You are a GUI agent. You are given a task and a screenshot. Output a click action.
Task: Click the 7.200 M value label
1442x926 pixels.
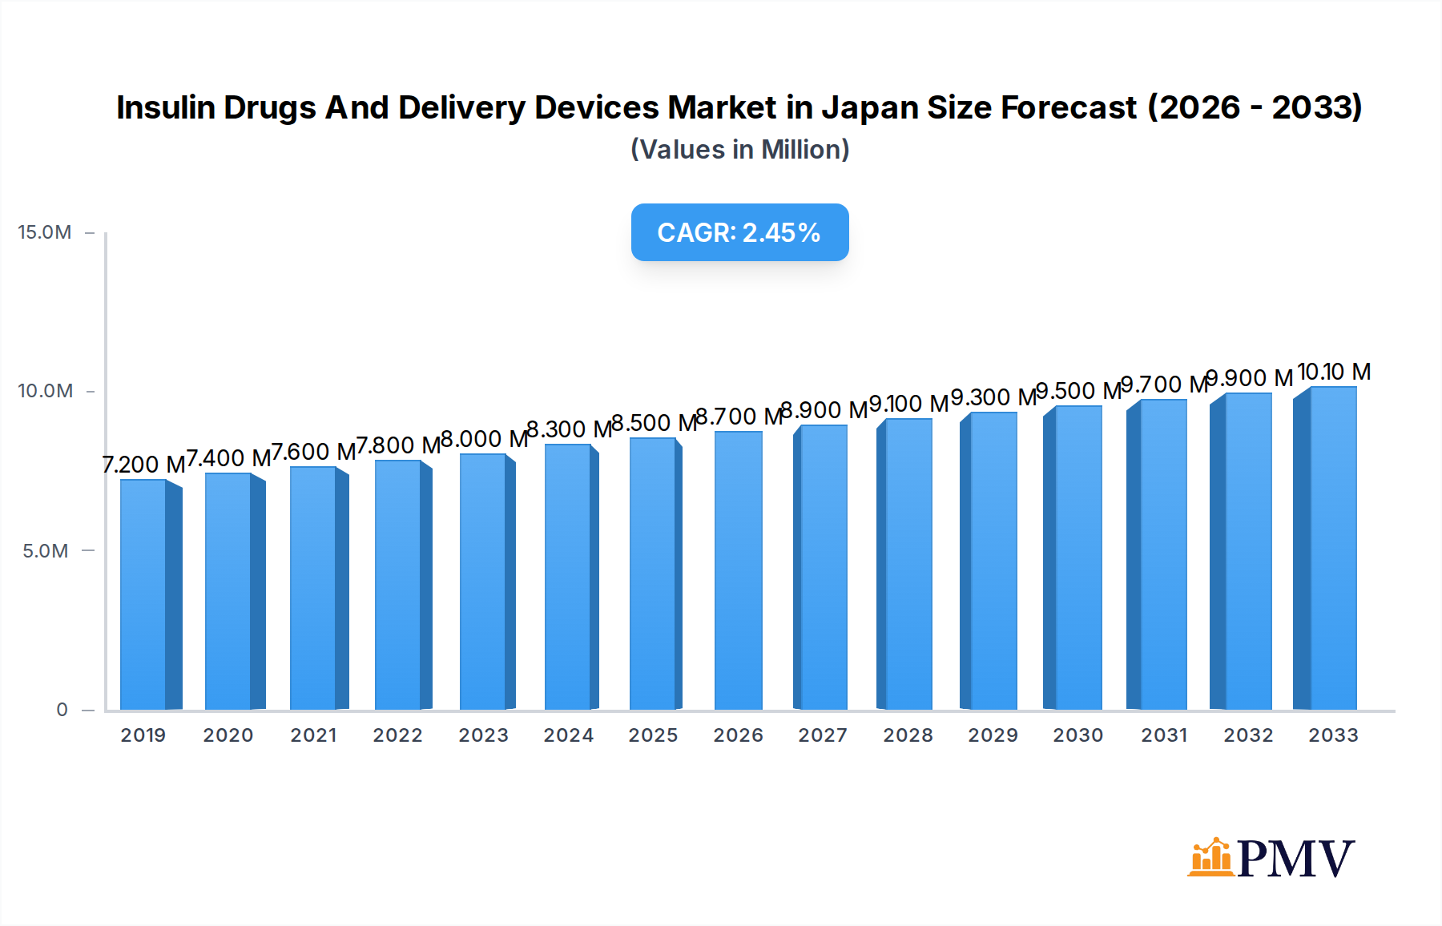click(x=144, y=465)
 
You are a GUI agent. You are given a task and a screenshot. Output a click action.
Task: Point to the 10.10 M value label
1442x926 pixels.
click(x=1334, y=372)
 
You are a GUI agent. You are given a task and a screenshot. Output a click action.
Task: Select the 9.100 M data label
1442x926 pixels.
click(x=908, y=404)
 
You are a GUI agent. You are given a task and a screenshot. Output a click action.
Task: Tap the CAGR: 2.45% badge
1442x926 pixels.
click(x=739, y=232)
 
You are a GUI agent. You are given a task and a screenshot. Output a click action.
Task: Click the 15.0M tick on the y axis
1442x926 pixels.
click(x=45, y=232)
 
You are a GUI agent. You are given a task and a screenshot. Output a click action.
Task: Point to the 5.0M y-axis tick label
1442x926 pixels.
click(x=45, y=551)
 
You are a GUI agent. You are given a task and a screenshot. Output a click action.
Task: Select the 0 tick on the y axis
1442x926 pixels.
click(x=62, y=710)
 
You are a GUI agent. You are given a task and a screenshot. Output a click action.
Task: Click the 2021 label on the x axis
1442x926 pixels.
click(x=313, y=735)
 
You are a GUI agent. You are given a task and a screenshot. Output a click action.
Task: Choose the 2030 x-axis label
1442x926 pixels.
click(x=1077, y=735)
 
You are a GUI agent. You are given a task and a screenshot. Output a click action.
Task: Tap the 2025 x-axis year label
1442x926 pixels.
click(x=653, y=735)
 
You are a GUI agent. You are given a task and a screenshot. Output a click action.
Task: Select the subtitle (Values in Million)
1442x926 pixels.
click(x=739, y=150)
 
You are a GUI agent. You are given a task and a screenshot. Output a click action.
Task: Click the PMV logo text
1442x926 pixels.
click(x=1295, y=859)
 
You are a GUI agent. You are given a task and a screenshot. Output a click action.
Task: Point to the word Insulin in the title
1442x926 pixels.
click(x=165, y=107)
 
